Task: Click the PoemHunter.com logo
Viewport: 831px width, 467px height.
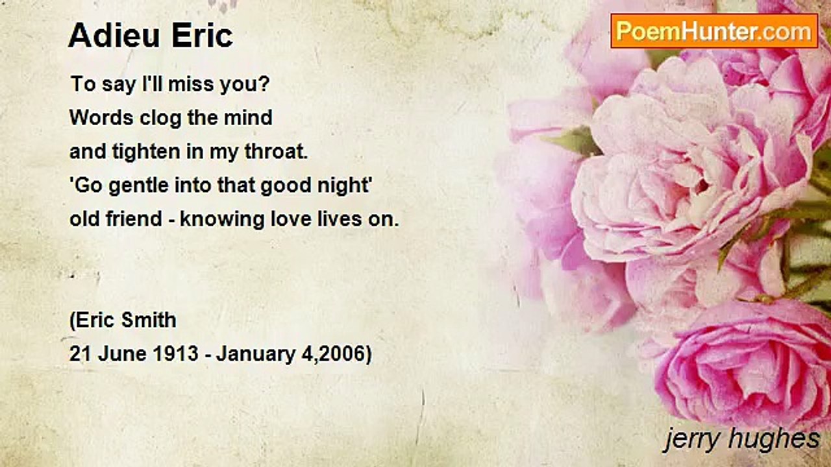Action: point(714,31)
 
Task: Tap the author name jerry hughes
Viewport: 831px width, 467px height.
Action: point(741,440)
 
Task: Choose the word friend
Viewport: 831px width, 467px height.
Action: point(134,219)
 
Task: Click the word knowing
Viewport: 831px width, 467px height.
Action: point(222,219)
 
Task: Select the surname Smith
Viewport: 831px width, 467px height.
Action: point(149,320)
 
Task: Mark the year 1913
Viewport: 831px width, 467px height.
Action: point(175,353)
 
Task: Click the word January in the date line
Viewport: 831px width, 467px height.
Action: point(256,354)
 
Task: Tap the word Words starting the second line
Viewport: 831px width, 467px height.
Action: point(101,118)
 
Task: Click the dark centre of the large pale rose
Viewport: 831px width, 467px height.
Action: point(701,186)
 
